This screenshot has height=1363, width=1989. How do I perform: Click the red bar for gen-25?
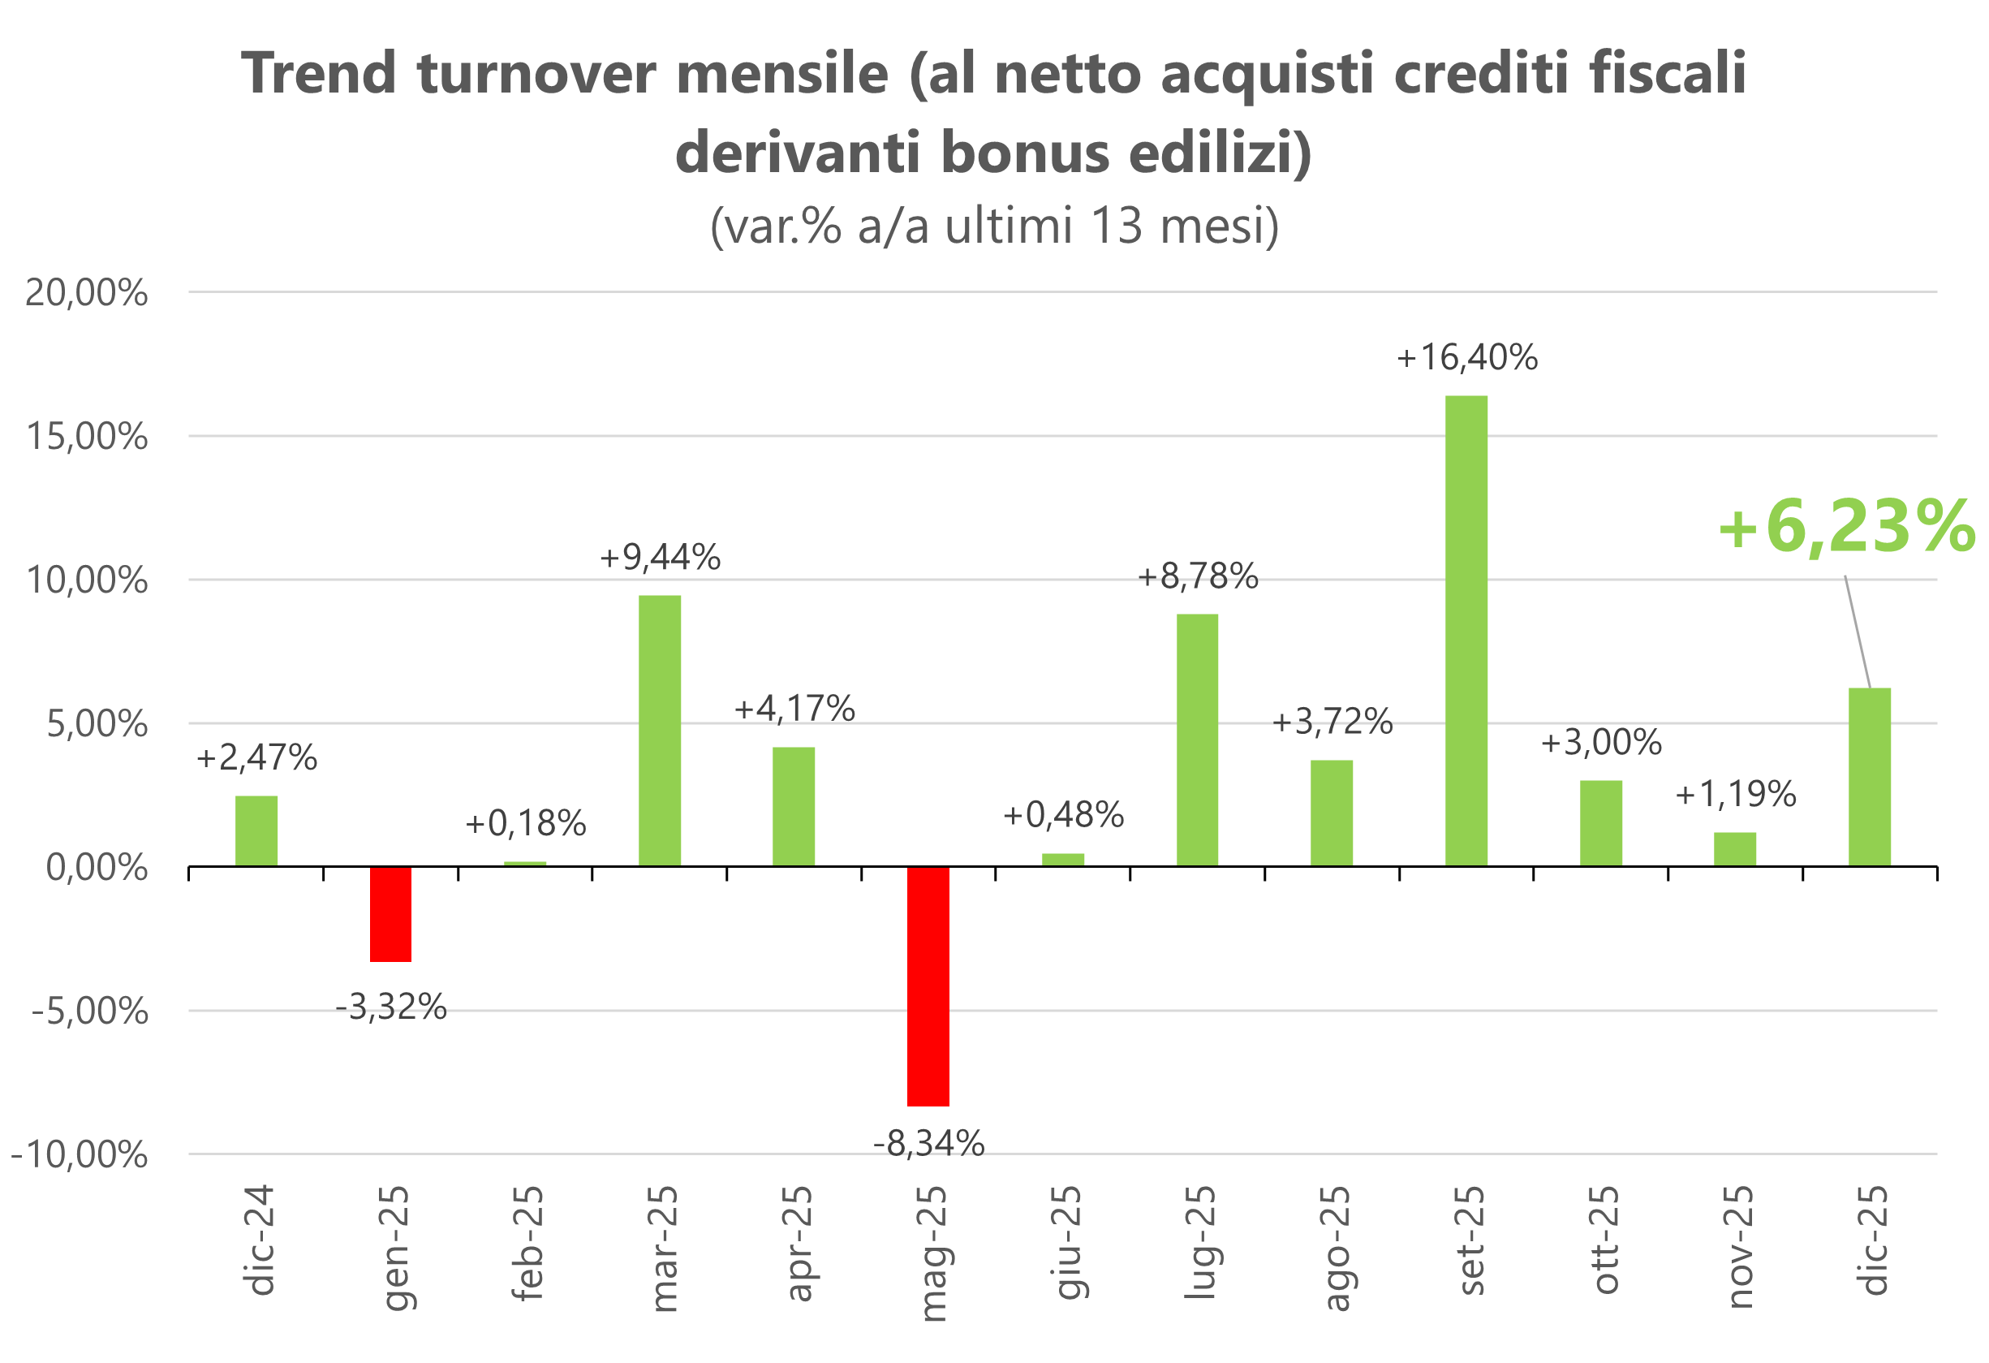[x=390, y=914]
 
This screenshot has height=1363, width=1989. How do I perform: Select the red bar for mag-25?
[x=928, y=986]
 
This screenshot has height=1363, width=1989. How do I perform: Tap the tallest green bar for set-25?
[x=1466, y=631]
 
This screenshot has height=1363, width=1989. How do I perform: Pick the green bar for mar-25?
[x=659, y=731]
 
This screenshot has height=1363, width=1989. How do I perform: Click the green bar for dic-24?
[x=256, y=831]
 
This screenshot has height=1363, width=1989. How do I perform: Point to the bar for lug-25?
[x=1196, y=740]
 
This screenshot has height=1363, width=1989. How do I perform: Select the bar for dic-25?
[x=1869, y=777]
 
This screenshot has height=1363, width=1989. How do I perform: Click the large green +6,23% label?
[x=1847, y=527]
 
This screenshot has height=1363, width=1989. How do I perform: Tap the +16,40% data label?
[x=1466, y=358]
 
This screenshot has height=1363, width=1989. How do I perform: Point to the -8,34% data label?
[x=928, y=1144]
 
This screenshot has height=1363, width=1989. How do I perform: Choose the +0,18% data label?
[x=524, y=824]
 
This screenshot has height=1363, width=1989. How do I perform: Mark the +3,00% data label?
[x=1600, y=742]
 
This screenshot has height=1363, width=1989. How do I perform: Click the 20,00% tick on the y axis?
[x=85, y=293]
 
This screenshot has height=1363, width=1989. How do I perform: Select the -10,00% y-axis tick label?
[x=79, y=1155]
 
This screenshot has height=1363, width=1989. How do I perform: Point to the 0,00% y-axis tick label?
[x=96, y=868]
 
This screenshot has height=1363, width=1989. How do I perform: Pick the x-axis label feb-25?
[x=527, y=1243]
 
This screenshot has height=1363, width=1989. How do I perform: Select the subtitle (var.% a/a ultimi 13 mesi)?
[x=993, y=226]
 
